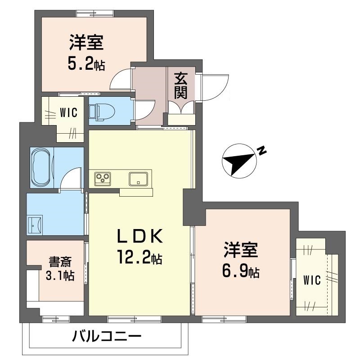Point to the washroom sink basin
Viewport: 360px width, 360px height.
coord(35,224)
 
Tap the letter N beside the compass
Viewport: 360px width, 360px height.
coord(262,151)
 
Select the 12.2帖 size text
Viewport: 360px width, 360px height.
coord(140,259)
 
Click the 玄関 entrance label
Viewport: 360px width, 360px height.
coord(181,88)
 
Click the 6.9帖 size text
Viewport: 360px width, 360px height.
coord(241,271)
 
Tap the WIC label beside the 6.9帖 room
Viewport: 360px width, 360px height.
coord(311,281)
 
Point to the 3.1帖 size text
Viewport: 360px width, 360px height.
coord(59,275)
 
